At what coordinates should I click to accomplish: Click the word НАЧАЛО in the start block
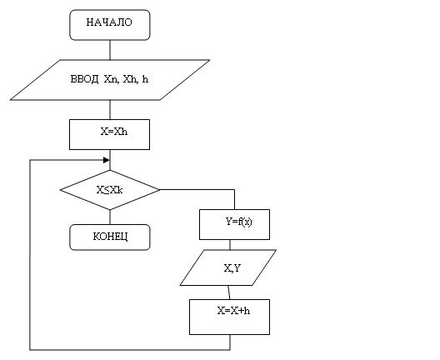click(109, 22)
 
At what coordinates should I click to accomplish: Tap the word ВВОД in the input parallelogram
click(84, 79)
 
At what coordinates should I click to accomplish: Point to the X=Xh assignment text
click(114, 132)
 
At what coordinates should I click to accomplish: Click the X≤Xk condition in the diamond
click(109, 190)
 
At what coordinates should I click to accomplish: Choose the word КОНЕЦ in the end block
click(110, 237)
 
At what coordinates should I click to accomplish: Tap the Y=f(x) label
click(239, 222)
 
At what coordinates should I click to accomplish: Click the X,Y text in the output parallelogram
click(232, 268)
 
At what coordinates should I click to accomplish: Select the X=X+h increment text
click(233, 311)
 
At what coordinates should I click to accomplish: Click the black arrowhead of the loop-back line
click(107, 160)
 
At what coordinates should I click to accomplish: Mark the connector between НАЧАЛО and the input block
click(110, 50)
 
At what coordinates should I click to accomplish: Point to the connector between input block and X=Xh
click(110, 110)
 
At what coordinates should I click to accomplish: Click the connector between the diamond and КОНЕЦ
click(110, 217)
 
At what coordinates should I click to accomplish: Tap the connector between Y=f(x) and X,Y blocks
click(230, 245)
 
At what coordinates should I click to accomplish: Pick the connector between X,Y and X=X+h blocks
click(229, 292)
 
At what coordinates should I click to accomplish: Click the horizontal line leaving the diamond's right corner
click(197, 190)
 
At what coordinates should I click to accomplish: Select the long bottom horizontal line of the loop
click(130, 350)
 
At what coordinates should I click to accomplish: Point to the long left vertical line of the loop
click(30, 255)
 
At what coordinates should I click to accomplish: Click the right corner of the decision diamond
click(159, 190)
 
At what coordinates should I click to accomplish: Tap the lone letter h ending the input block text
click(145, 79)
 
